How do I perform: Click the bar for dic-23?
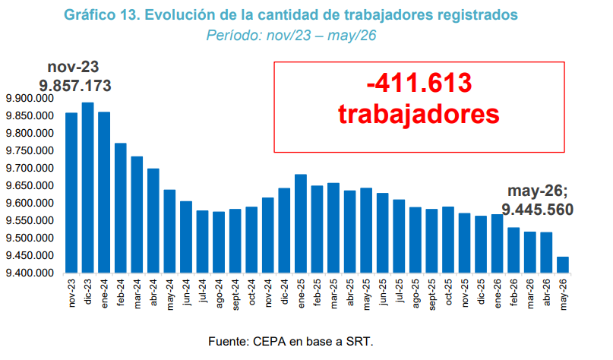click(x=87, y=188)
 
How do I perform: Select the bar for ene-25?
click(x=301, y=223)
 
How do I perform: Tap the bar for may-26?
click(x=563, y=264)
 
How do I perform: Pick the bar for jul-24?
click(x=203, y=242)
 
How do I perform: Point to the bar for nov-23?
click(x=71, y=193)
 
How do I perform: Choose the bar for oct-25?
click(x=448, y=239)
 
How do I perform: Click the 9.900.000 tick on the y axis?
click(x=30, y=99)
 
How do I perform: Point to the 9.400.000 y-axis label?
click(x=30, y=273)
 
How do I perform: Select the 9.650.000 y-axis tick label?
click(x=30, y=185)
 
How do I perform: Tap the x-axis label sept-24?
click(x=235, y=295)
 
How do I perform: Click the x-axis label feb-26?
click(x=513, y=292)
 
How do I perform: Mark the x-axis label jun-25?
click(x=383, y=292)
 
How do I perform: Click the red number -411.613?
click(x=419, y=83)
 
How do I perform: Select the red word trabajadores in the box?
click(x=419, y=114)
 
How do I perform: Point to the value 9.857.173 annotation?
click(x=75, y=86)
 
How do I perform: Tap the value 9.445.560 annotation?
click(x=538, y=210)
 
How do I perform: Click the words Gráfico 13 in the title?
click(x=101, y=15)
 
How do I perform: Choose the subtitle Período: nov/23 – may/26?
click(x=291, y=36)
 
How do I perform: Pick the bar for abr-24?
click(x=153, y=220)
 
